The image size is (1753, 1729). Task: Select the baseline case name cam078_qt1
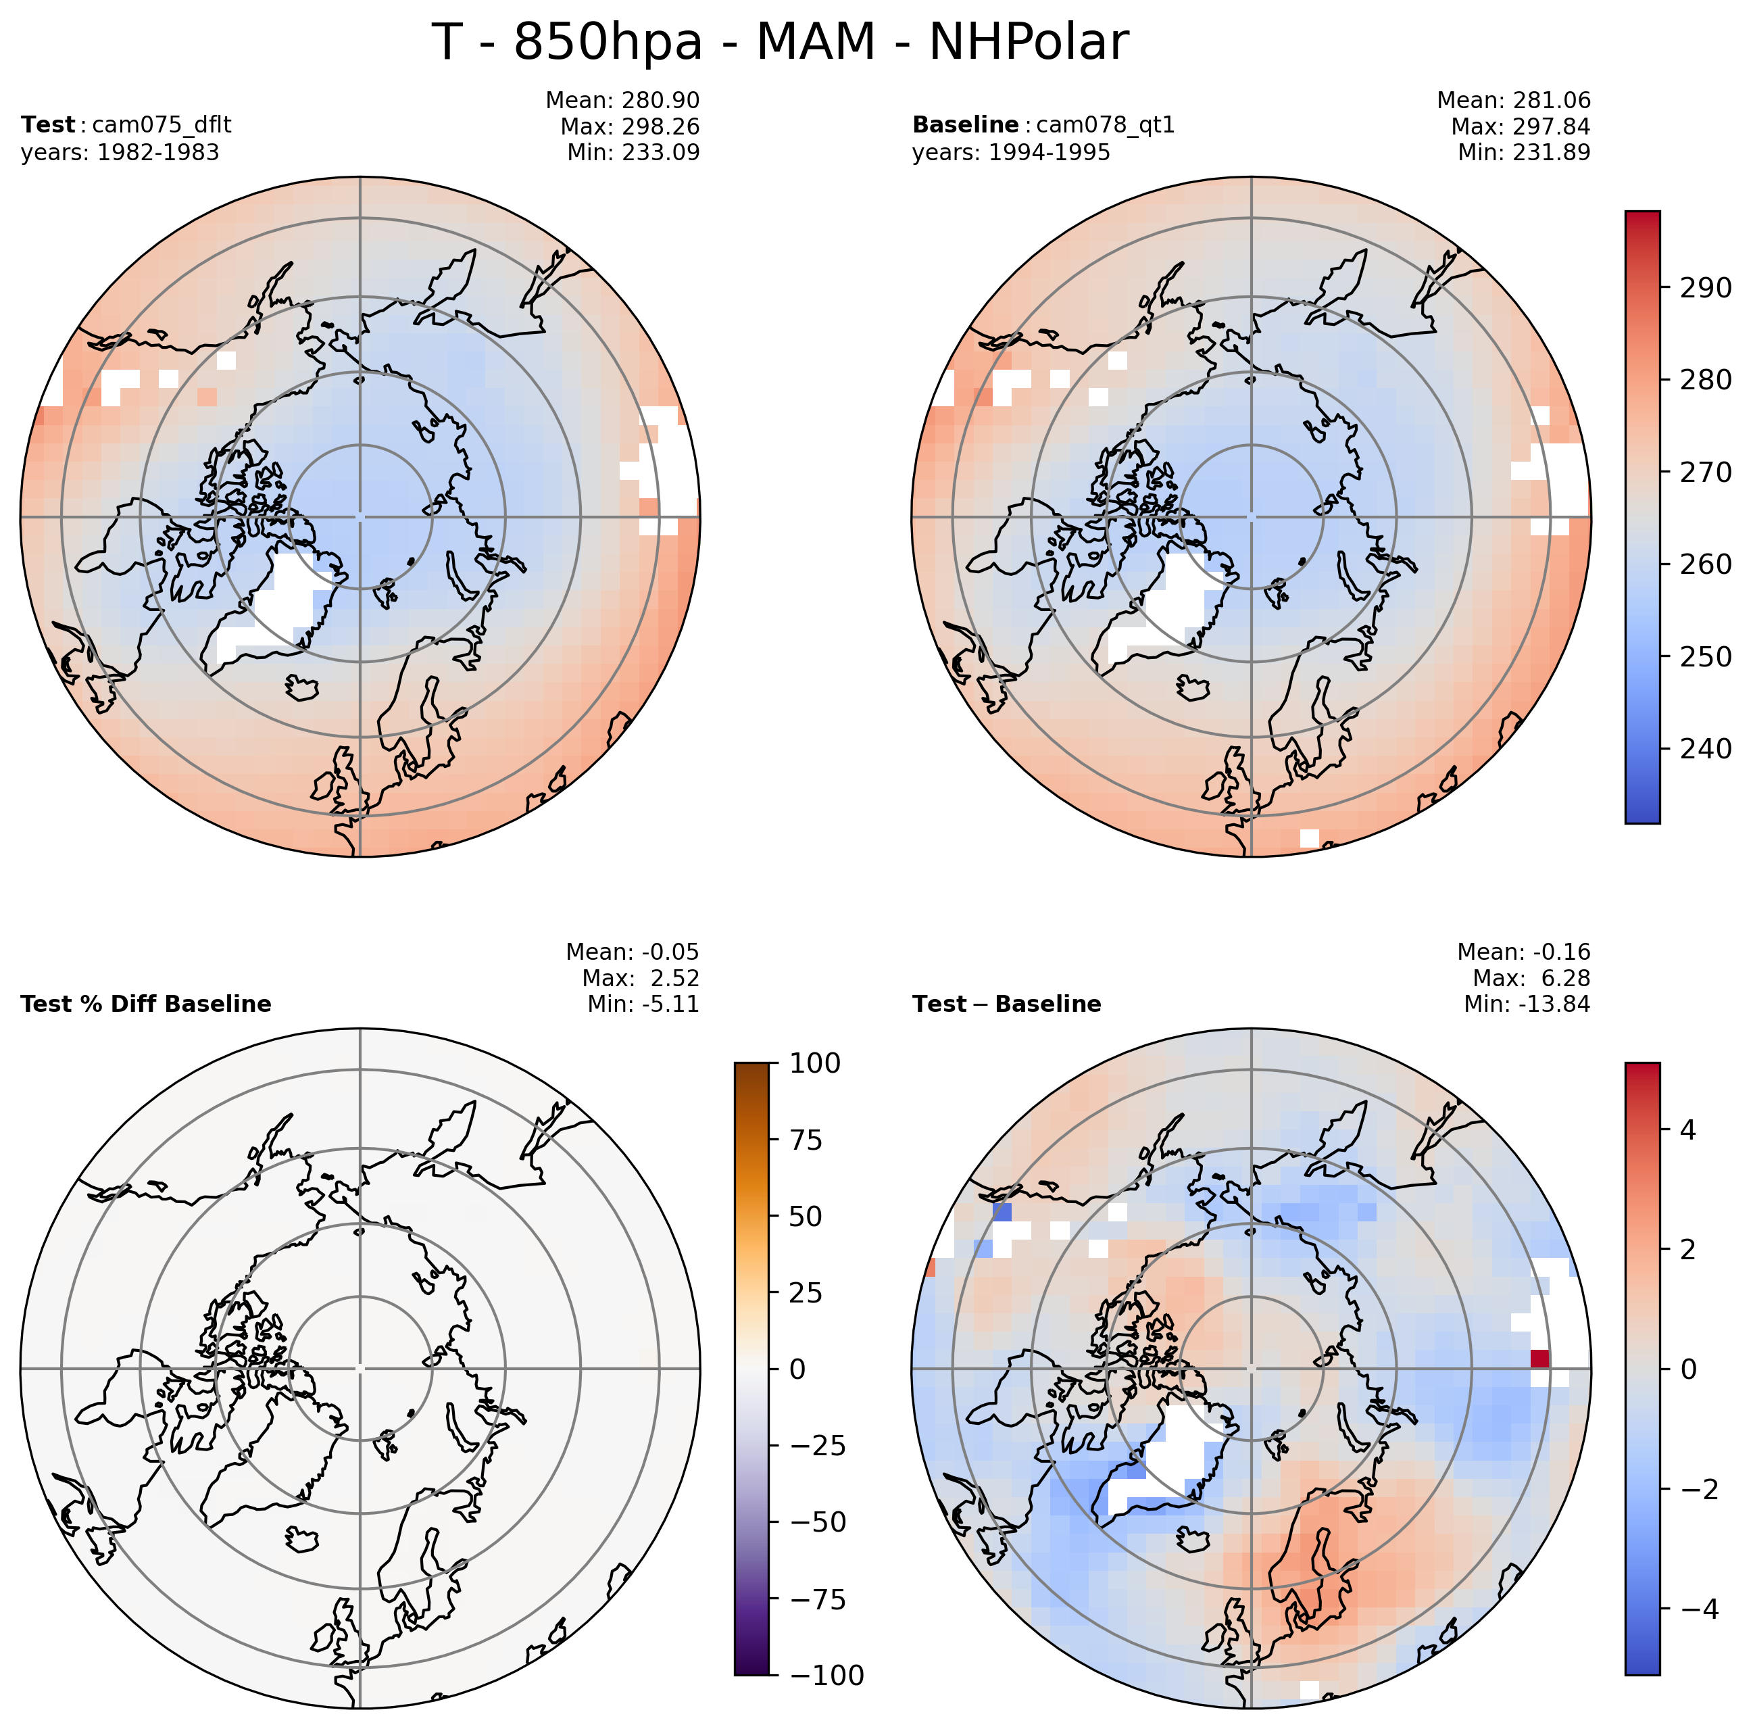[x=1105, y=125]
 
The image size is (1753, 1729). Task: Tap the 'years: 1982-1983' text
[x=120, y=153]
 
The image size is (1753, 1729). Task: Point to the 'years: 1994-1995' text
[x=1011, y=153]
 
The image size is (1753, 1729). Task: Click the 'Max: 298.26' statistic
[x=630, y=126]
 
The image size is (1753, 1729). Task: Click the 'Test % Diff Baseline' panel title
[x=145, y=1004]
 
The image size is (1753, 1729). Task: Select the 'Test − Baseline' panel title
[x=1006, y=1004]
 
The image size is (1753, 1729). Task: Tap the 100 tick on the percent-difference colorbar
[x=814, y=1063]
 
